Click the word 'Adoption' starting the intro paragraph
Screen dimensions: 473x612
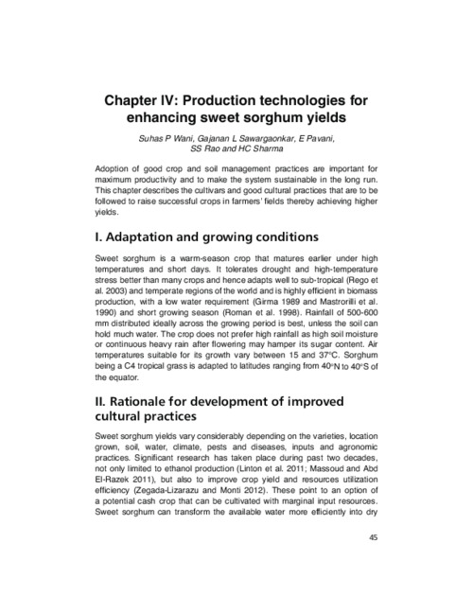tap(114, 167)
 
